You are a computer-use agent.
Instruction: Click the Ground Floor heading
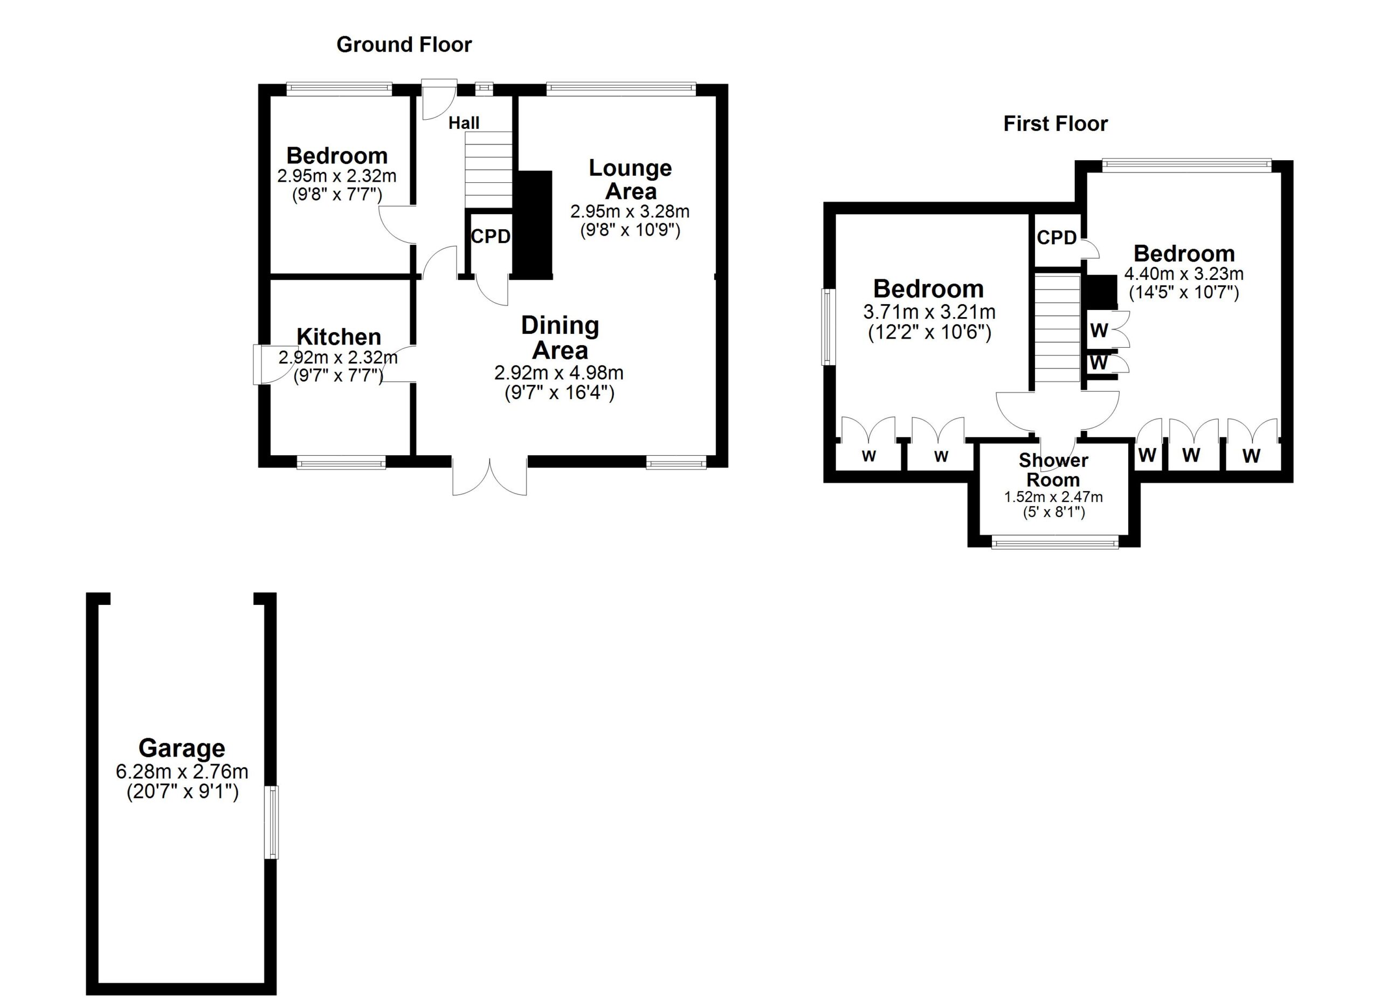pyautogui.click(x=403, y=44)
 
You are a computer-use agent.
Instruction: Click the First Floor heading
pyautogui.click(x=1054, y=123)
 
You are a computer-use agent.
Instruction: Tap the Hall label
pyautogui.click(x=464, y=123)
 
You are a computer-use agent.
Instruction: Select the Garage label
pyautogui.click(x=181, y=748)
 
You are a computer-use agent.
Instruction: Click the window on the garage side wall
pyautogui.click(x=271, y=822)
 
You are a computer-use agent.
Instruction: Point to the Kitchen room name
pyautogui.click(x=339, y=336)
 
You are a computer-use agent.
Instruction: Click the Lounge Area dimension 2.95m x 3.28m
pyautogui.click(x=629, y=212)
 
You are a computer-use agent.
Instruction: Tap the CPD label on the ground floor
pyautogui.click(x=490, y=237)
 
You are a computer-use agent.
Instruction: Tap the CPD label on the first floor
pyautogui.click(x=1057, y=238)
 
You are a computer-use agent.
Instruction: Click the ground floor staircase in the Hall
pyautogui.click(x=488, y=170)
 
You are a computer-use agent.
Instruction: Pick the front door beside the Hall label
pyautogui.click(x=439, y=99)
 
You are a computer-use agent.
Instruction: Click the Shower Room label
pyautogui.click(x=1053, y=470)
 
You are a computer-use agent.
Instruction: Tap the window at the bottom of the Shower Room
pyautogui.click(x=1054, y=541)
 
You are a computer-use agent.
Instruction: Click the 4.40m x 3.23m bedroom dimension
pyautogui.click(x=1183, y=274)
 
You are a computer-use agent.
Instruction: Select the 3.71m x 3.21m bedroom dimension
pyautogui.click(x=928, y=312)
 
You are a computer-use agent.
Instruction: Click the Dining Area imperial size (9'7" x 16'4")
pyautogui.click(x=559, y=393)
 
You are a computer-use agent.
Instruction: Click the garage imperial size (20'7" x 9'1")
pyautogui.click(x=182, y=792)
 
